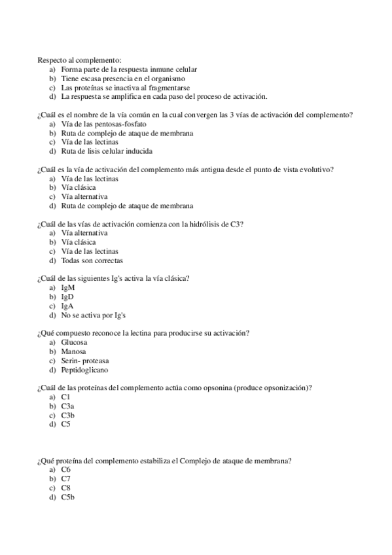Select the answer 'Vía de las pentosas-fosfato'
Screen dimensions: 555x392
click(103, 123)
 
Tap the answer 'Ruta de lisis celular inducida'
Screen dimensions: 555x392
click(106, 151)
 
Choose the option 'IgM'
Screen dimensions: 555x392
click(68, 287)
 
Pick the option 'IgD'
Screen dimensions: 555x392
click(68, 296)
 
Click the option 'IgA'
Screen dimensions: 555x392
click(67, 306)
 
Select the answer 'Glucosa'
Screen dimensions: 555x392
click(75, 342)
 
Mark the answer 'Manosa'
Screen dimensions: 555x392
click(74, 351)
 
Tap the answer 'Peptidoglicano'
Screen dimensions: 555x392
click(85, 370)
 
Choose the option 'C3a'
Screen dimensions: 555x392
click(67, 406)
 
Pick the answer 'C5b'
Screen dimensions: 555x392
click(68, 497)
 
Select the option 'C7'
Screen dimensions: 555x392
click(66, 479)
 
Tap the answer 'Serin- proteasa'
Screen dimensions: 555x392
click(85, 361)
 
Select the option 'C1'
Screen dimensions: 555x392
click(65, 397)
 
